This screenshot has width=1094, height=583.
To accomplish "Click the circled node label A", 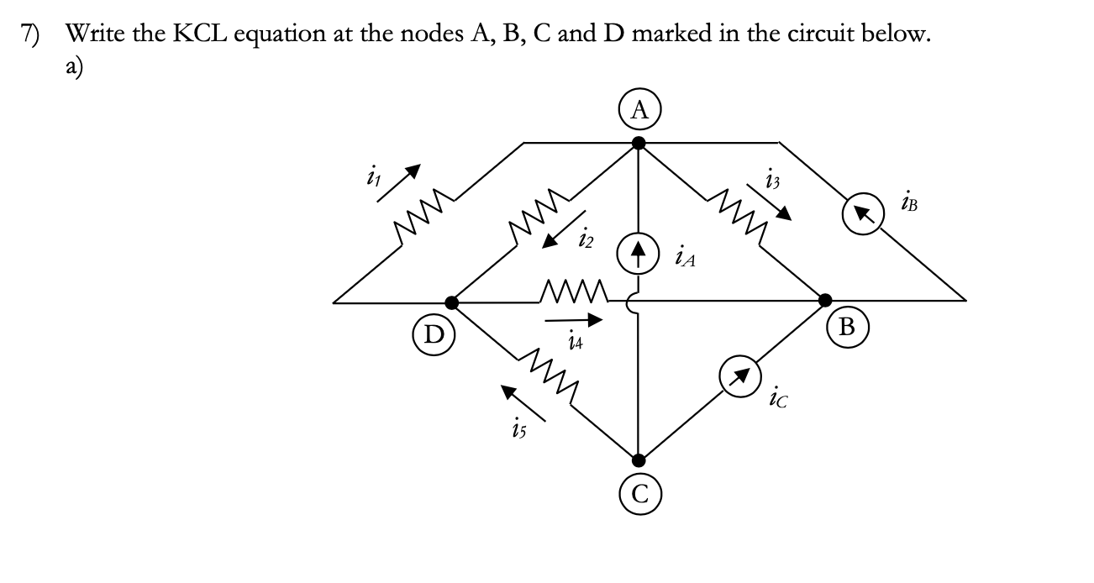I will [x=640, y=108].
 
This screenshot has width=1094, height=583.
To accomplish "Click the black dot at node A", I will [x=639, y=143].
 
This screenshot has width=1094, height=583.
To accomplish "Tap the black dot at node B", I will [x=827, y=299].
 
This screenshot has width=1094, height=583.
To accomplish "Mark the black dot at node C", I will [x=639, y=460].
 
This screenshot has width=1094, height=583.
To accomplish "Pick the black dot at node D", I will [x=452, y=301].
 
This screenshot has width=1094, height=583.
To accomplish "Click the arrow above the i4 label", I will [x=575, y=319].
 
